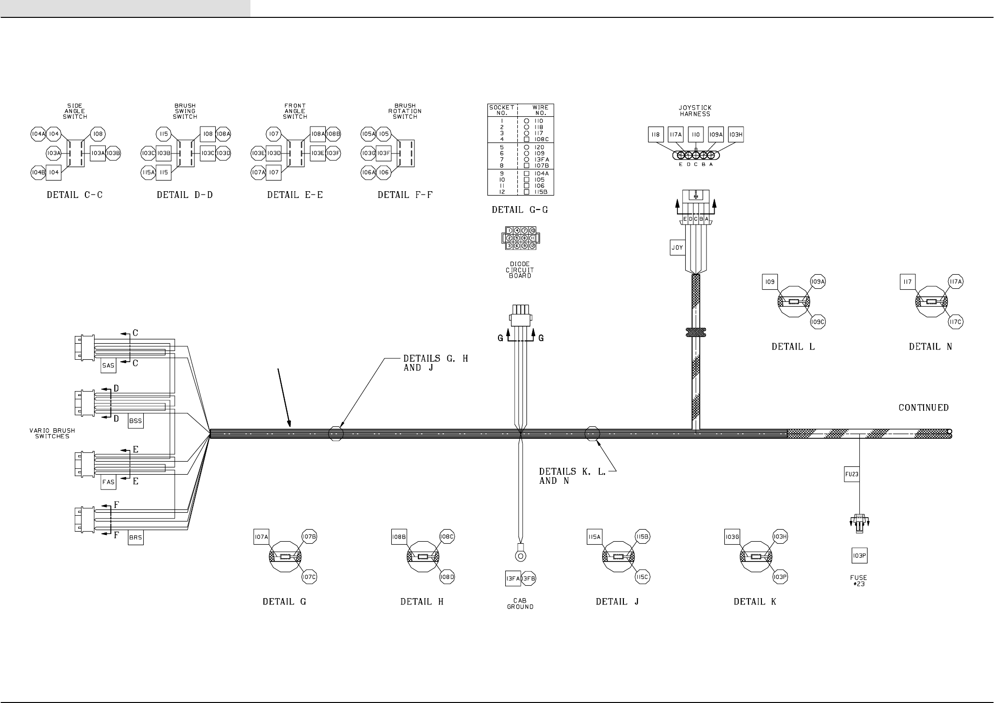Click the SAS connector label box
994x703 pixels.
(109, 366)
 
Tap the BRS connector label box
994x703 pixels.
(136, 538)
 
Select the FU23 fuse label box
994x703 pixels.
(852, 475)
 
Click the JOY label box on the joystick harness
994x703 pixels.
(677, 248)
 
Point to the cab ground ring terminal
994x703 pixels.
(520, 556)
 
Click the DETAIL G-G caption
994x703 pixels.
(520, 210)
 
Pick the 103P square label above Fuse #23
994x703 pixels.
(859, 556)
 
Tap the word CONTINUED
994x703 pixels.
(924, 408)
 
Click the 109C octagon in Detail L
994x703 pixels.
(818, 322)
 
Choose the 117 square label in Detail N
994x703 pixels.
(908, 282)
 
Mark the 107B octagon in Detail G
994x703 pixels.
(309, 536)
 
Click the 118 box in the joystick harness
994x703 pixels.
(655, 135)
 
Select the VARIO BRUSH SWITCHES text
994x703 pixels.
(52, 433)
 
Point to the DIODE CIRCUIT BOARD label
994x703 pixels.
(520, 270)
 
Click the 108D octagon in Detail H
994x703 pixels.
(447, 576)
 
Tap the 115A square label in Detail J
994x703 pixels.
(594, 537)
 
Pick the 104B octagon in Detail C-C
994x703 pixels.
(38, 172)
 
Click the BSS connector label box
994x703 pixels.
(136, 421)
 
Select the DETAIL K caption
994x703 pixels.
(755, 602)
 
